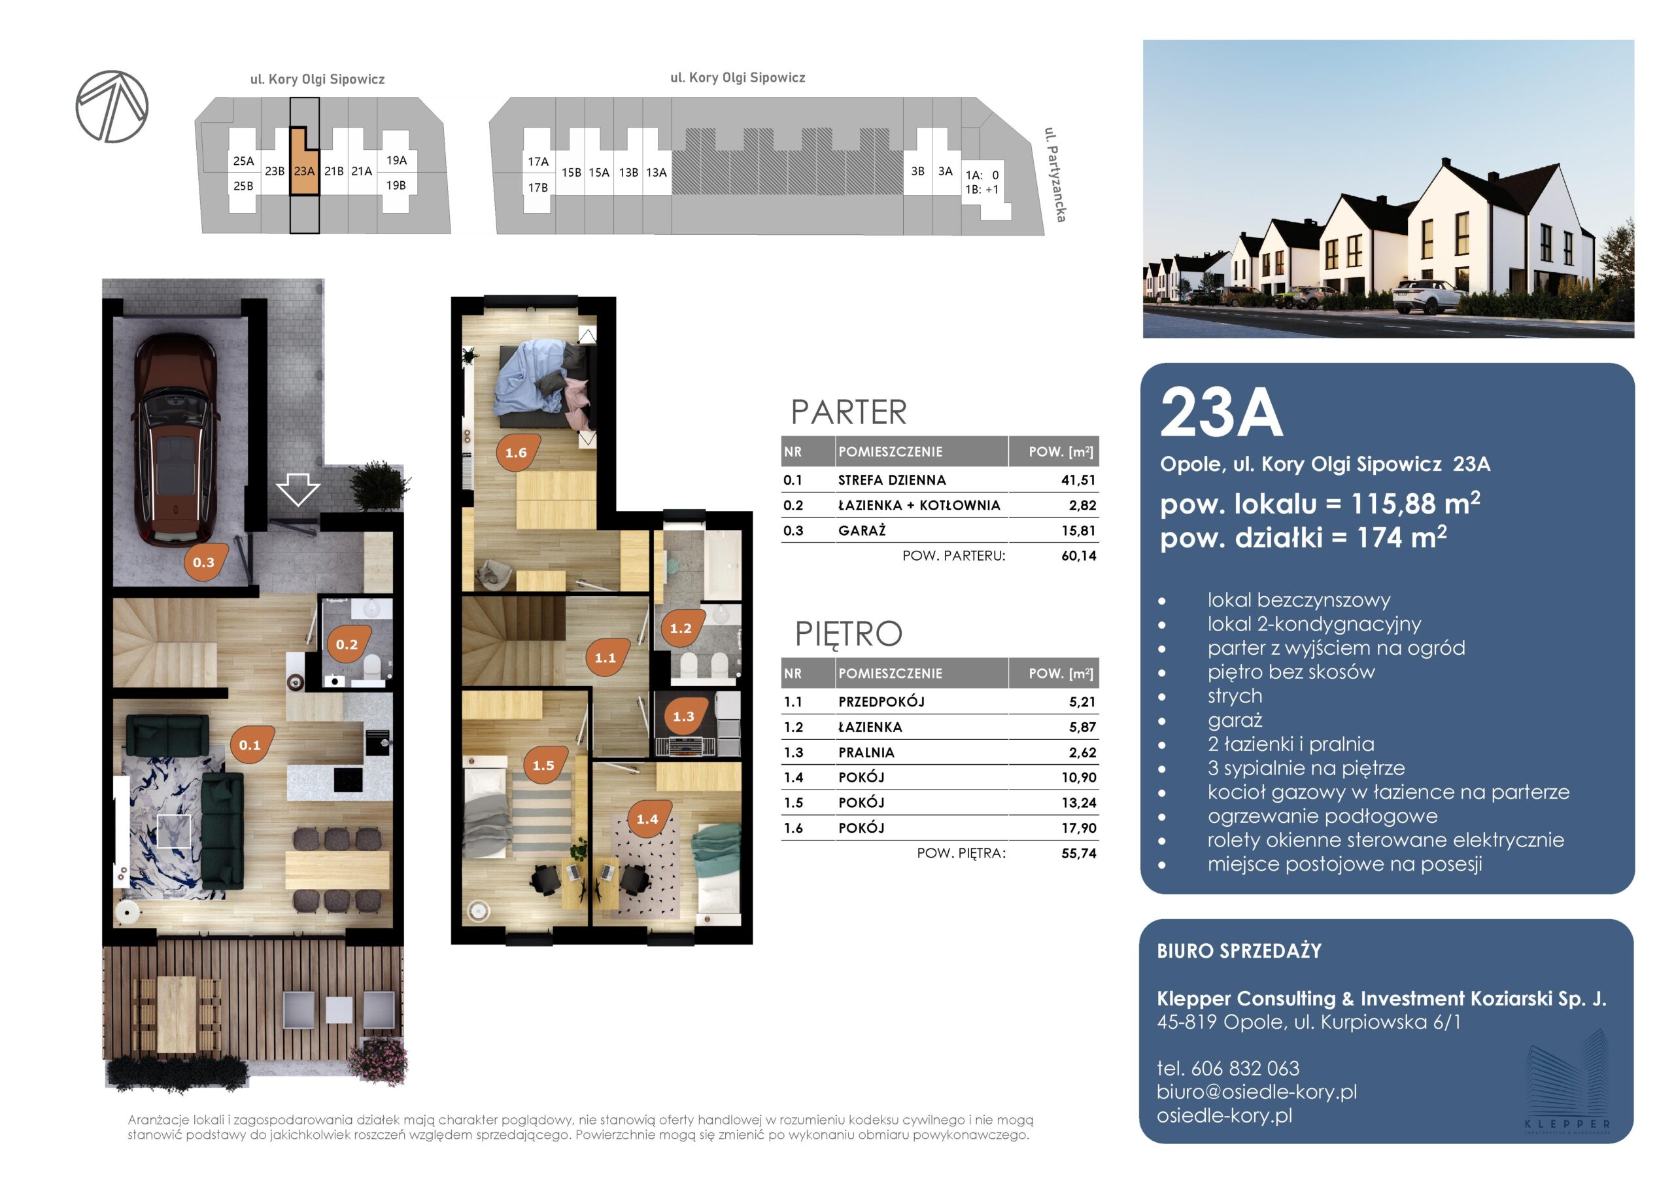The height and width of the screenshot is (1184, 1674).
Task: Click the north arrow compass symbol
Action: click(112, 107)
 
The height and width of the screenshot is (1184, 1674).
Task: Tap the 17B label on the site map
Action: click(538, 188)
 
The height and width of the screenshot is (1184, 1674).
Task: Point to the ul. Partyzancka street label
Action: click(1055, 175)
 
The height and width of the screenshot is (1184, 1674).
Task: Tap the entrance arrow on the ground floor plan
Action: click(298, 489)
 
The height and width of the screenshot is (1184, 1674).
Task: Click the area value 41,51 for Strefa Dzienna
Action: click(1078, 480)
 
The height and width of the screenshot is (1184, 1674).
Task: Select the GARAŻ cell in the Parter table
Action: click(862, 531)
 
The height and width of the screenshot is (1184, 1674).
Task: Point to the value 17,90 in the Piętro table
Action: click(1079, 828)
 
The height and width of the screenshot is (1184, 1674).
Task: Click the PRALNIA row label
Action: click(866, 752)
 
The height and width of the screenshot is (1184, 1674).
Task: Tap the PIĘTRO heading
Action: click(848, 633)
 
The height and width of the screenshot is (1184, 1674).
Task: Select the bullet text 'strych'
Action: click(1235, 696)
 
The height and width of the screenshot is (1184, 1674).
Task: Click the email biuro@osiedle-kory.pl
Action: click(1257, 1091)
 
